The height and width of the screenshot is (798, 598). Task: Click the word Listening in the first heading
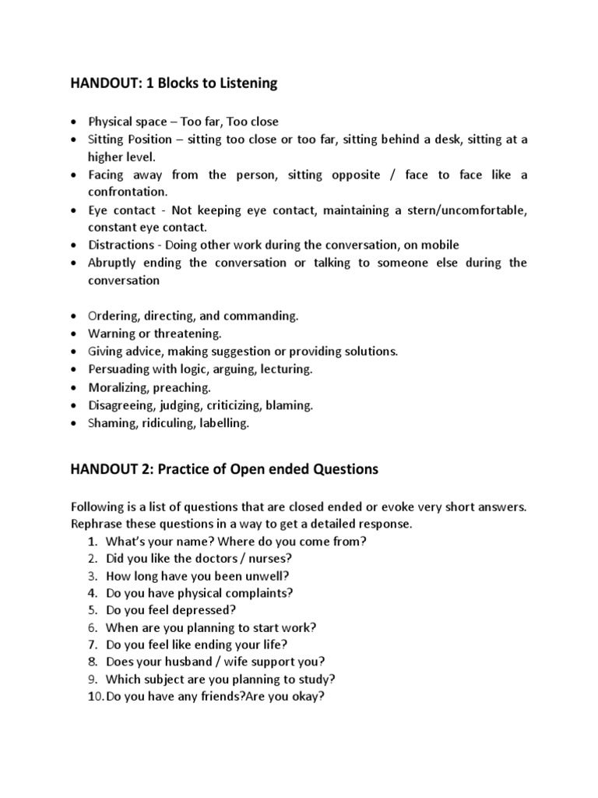click(x=249, y=83)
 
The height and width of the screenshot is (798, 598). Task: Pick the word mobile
click(x=440, y=245)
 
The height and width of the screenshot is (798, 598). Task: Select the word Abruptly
click(x=114, y=263)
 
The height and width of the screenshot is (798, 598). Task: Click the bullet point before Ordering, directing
click(x=73, y=316)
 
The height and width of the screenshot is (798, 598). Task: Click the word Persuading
click(x=118, y=369)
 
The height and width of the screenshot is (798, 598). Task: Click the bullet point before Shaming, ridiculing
click(x=73, y=423)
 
